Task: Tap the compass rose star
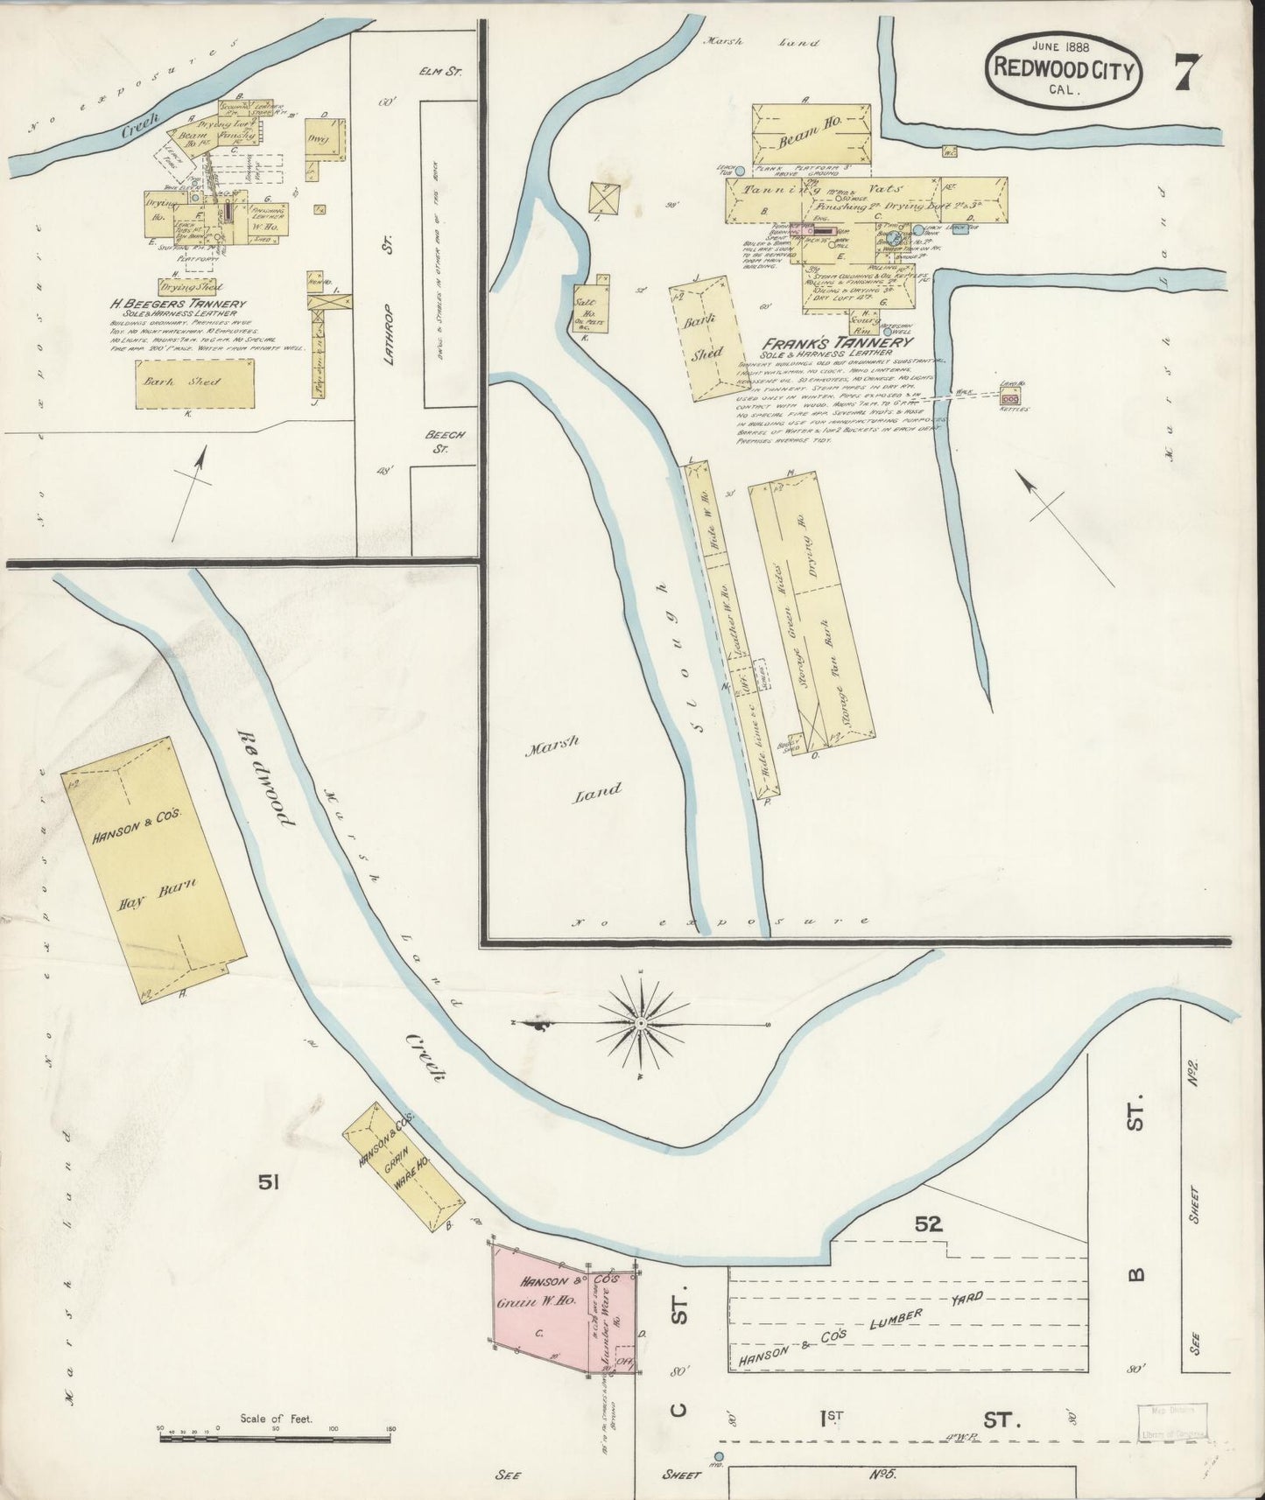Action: [x=641, y=1022]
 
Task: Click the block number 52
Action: [x=928, y=1223]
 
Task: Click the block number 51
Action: [x=268, y=1182]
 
